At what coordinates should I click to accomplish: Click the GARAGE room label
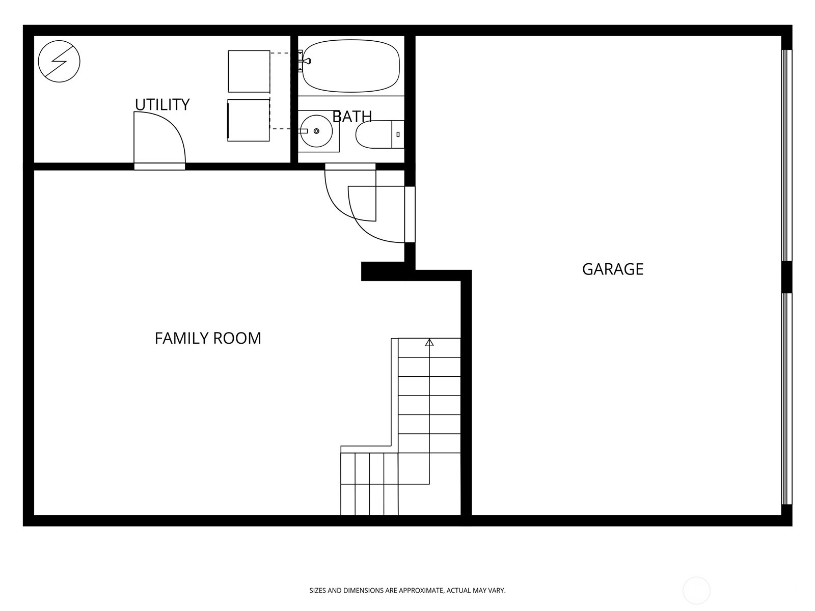click(x=612, y=269)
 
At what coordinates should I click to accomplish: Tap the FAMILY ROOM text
click(x=208, y=338)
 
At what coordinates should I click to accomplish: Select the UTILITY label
click(x=162, y=104)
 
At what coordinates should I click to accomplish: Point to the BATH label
click(x=352, y=117)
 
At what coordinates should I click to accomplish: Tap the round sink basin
click(x=316, y=131)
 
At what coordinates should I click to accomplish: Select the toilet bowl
click(x=373, y=134)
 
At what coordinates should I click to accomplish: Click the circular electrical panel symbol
click(x=59, y=61)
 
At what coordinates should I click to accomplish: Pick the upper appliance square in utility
click(x=249, y=71)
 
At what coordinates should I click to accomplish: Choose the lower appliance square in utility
click(x=249, y=120)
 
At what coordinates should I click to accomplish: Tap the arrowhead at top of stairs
click(x=429, y=343)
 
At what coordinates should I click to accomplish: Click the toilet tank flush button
click(x=398, y=134)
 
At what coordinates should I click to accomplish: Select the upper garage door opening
click(x=787, y=155)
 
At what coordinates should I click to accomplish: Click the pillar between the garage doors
click(x=786, y=276)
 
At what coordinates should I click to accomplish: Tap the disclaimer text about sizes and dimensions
click(x=407, y=591)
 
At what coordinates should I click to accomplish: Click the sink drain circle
click(x=316, y=131)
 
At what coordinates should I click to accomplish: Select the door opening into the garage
click(x=410, y=214)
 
